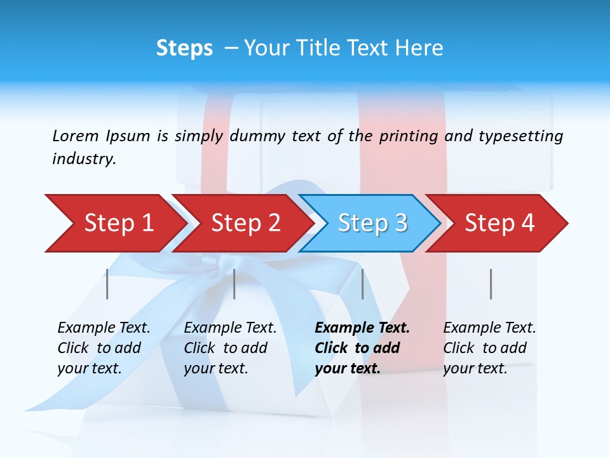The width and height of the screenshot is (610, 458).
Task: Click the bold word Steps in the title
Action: tap(184, 48)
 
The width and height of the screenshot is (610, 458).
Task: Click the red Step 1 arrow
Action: tap(118, 223)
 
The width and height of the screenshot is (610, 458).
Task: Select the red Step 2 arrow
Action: tap(245, 223)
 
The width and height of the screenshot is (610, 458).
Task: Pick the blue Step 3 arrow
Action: tap(372, 223)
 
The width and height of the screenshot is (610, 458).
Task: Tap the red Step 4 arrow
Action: tap(499, 223)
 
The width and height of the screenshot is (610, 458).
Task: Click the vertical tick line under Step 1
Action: tap(107, 284)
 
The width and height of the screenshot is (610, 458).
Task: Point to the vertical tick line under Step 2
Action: tap(234, 284)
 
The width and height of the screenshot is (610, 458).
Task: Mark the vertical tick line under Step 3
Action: tap(363, 284)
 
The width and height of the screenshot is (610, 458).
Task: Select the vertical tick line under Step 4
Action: tap(491, 284)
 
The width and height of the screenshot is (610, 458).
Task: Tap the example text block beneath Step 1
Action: tap(104, 348)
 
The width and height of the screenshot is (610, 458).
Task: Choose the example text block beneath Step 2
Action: tap(230, 348)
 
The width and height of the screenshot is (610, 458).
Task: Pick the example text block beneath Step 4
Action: tap(489, 348)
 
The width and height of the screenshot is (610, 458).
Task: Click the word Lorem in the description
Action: tap(76, 135)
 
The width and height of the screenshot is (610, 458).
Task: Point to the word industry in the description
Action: tap(84, 158)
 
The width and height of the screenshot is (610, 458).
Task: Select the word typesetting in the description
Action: tap(520, 136)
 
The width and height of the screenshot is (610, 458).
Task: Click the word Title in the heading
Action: tap(314, 48)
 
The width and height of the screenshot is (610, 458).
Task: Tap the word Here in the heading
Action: tap(419, 48)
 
